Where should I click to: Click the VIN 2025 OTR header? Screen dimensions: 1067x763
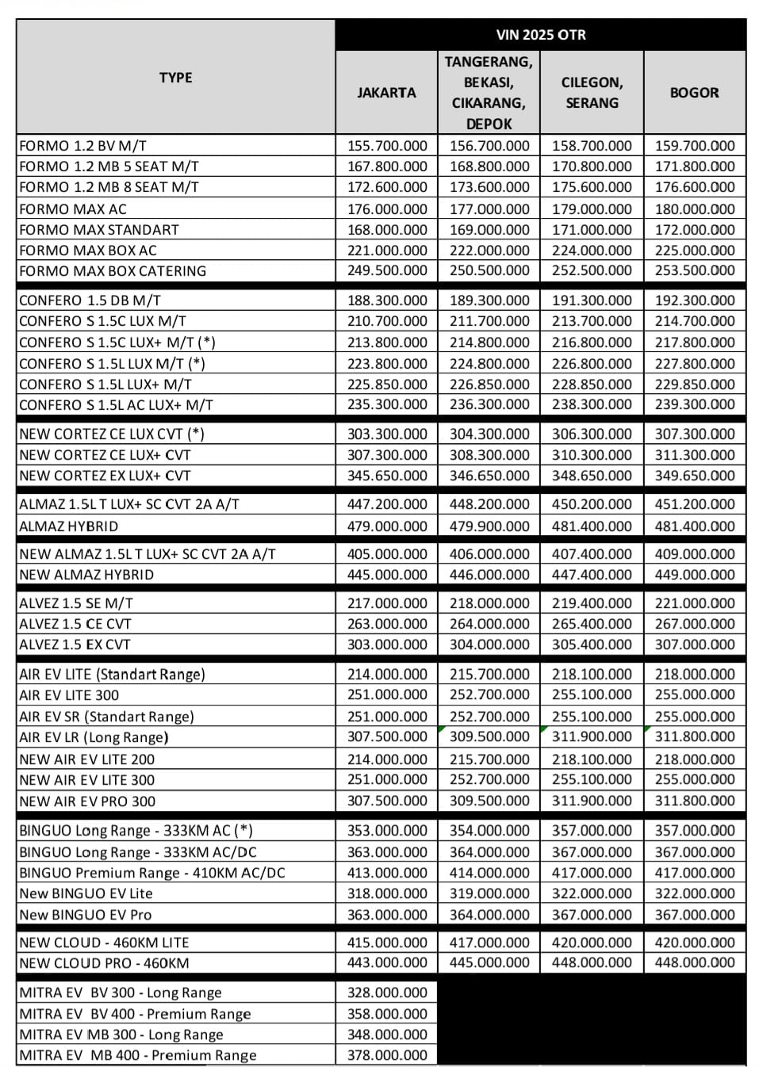click(x=540, y=35)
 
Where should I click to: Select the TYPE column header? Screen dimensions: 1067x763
click(x=175, y=78)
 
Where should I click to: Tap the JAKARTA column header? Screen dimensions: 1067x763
click(x=386, y=93)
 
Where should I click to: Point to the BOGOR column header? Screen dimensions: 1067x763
click(x=694, y=93)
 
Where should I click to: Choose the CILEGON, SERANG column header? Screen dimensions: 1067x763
click(x=592, y=93)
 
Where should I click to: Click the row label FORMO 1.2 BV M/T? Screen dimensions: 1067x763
click(x=83, y=146)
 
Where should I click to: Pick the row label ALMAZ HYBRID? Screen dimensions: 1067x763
click(x=69, y=526)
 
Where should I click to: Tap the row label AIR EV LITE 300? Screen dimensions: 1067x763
click(x=69, y=695)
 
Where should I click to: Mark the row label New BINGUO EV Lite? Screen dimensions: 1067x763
click(x=86, y=893)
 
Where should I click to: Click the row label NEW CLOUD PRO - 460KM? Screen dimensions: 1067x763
click(x=104, y=963)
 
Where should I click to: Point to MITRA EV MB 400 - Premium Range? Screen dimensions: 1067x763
click(x=138, y=1055)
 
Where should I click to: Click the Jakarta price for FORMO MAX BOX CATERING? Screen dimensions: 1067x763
click(x=387, y=270)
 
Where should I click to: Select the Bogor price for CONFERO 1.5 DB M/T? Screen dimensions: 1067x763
click(x=695, y=300)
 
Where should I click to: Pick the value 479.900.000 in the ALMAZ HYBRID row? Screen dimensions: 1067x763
click(x=489, y=526)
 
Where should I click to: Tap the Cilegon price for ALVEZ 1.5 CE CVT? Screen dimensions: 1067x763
click(x=592, y=624)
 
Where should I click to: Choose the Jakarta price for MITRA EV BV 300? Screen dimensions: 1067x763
click(x=387, y=992)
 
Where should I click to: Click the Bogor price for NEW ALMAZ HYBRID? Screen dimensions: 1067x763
click(x=695, y=575)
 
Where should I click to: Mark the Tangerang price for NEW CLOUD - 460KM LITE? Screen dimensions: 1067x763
click(x=489, y=943)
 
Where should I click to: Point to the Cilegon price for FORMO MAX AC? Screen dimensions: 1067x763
click(x=592, y=209)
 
